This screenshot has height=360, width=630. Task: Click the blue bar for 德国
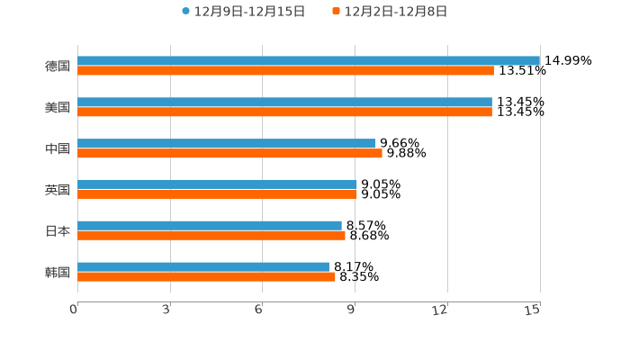pos(309,61)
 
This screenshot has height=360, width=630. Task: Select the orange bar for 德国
pos(285,71)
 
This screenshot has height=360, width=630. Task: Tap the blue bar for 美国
pos(284,103)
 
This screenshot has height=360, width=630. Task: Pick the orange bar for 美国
pos(284,112)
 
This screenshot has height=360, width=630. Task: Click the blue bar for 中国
pos(227,143)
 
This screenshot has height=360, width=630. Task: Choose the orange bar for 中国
pos(229,153)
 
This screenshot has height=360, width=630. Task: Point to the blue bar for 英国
pos(217,184)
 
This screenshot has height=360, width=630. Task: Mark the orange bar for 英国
pos(217,194)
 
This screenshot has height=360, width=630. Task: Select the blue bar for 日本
pos(210,225)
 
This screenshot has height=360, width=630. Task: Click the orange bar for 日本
pos(211,236)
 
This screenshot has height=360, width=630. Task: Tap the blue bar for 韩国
pos(203,266)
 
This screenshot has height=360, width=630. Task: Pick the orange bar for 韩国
pos(206,277)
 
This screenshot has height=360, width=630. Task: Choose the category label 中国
pos(58,149)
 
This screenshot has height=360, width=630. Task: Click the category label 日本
pos(58,231)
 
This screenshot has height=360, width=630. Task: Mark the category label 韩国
pos(58,273)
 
